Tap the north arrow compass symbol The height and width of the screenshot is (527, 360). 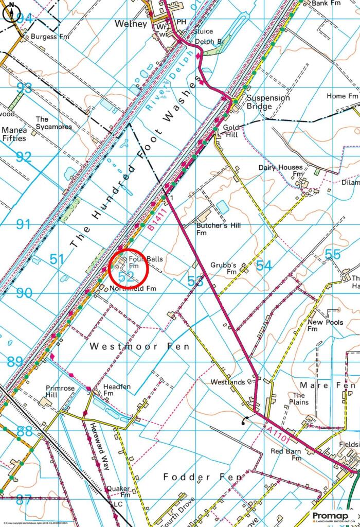pos(12,11)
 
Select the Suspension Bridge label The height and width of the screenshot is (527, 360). pos(267,102)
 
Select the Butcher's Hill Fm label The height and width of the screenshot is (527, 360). pos(218,229)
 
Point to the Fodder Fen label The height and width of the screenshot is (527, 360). pos(202,477)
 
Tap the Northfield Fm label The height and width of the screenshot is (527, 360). pos(132,289)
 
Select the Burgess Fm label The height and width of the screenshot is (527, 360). pos(50,37)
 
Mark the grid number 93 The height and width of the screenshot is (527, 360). pos(24,87)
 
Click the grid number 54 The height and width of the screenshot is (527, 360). pos(264,266)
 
